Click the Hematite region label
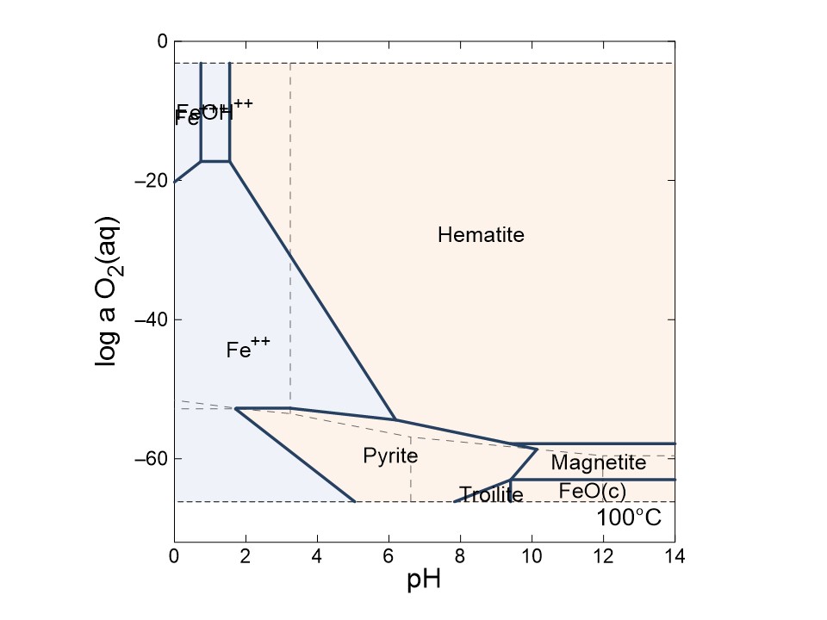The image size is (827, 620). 481,234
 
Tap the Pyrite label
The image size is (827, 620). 390,456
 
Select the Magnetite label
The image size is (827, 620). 598,463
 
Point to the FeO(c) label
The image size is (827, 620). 592,491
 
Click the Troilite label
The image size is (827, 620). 491,495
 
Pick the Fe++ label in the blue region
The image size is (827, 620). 248,348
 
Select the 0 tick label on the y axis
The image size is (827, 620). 161,41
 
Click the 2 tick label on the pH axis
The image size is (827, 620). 246,557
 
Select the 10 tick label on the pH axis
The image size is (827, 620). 532,557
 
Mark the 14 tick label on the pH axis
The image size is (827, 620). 675,557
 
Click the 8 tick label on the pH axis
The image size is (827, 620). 460,557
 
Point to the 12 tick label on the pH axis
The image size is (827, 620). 603,557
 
